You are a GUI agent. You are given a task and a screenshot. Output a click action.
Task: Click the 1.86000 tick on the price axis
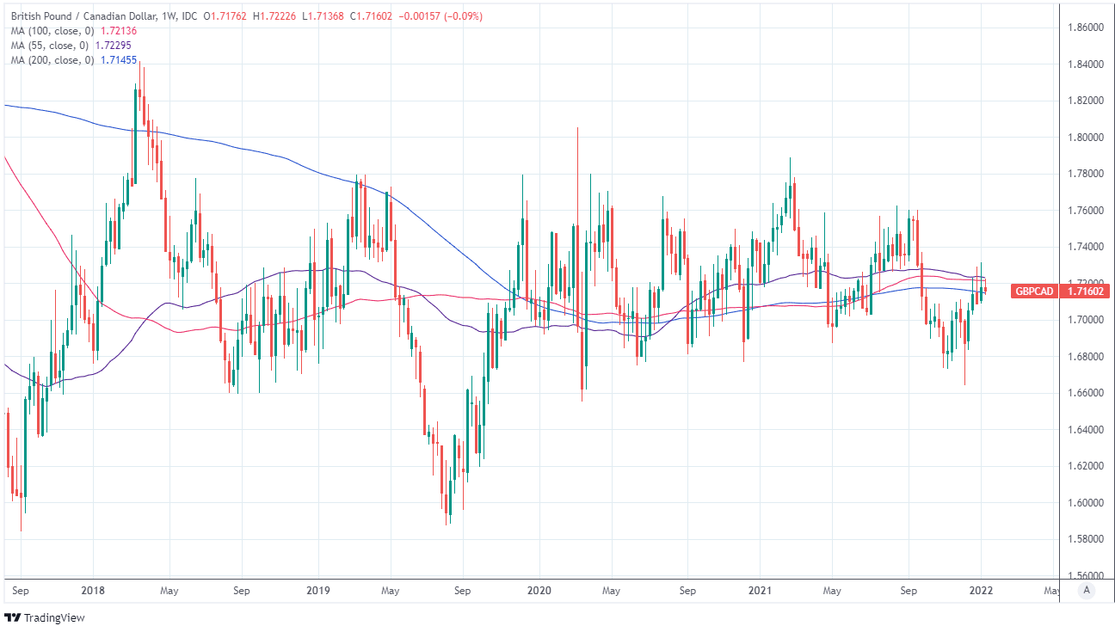coord(1085,28)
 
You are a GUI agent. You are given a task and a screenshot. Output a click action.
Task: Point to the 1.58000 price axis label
coord(1085,539)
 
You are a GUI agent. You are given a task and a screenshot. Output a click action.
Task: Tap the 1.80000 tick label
coord(1085,138)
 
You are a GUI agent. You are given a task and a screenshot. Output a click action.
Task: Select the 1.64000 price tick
coord(1085,430)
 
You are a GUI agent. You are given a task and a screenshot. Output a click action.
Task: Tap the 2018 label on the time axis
coord(92,592)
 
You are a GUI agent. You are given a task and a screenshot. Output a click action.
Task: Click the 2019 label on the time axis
coord(317,592)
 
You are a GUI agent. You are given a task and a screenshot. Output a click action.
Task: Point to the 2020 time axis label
coord(539,592)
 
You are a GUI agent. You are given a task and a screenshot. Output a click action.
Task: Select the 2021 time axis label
coord(760,592)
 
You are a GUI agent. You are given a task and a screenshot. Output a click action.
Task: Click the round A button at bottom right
coord(1087,590)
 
